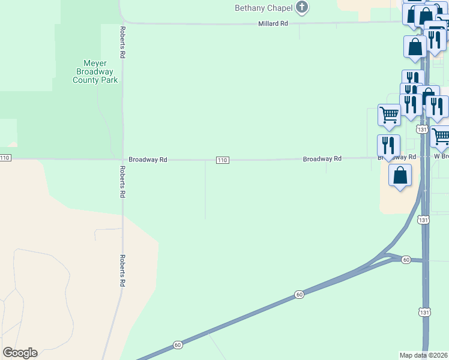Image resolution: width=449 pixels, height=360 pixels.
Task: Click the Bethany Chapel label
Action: pyautogui.click(x=263, y=8)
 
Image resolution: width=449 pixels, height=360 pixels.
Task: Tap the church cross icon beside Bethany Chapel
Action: pyautogui.click(x=302, y=8)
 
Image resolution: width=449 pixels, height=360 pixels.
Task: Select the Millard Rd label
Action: pyautogui.click(x=273, y=23)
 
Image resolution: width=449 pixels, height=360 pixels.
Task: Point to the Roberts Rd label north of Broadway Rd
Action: pyautogui.click(x=122, y=42)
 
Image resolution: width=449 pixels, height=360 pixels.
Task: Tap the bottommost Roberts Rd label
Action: pyautogui.click(x=122, y=270)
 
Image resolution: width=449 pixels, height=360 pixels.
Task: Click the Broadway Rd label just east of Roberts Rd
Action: pyautogui.click(x=148, y=160)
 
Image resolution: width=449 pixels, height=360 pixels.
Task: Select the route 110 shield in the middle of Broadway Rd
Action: pyautogui.click(x=222, y=160)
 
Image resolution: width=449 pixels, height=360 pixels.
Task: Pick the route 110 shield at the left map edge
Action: pyautogui.click(x=5, y=158)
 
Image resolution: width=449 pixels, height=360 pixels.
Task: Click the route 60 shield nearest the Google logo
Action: pyautogui.click(x=178, y=344)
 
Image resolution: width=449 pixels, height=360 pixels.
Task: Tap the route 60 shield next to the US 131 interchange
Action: pyautogui.click(x=406, y=260)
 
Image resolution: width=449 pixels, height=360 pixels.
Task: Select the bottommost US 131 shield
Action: pyautogui.click(x=424, y=312)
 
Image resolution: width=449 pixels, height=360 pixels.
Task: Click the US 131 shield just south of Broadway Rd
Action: pyautogui.click(x=424, y=220)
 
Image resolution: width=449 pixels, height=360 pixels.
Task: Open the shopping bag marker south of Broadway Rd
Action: pyautogui.click(x=400, y=175)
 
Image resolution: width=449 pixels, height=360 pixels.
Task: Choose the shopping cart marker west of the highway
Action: pyautogui.click(x=389, y=114)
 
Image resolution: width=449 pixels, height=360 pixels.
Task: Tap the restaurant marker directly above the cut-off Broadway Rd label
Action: pyautogui.click(x=388, y=145)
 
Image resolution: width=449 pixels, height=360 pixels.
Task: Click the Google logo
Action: pyautogui.click(x=20, y=353)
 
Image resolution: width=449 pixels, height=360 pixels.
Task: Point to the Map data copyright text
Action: pyautogui.click(x=424, y=355)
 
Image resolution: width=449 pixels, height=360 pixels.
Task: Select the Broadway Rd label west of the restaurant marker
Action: pyautogui.click(x=322, y=159)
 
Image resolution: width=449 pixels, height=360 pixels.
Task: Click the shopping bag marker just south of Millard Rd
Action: pyautogui.click(x=415, y=47)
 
